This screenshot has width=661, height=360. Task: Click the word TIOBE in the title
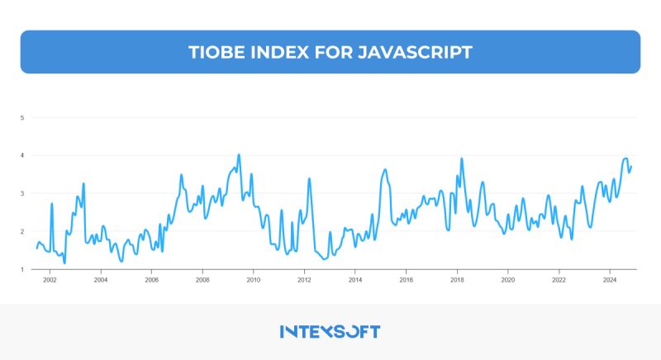click(216, 52)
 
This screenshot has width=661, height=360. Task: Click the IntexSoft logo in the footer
click(330, 331)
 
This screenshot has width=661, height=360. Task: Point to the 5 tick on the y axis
click(22, 118)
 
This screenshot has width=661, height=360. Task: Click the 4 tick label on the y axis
click(22, 156)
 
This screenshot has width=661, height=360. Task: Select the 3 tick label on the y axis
click(22, 194)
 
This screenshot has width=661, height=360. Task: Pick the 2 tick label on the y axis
click(22, 232)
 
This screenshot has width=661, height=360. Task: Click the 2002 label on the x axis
click(50, 281)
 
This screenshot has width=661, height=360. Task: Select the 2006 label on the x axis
click(151, 281)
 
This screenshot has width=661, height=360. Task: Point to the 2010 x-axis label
click(253, 281)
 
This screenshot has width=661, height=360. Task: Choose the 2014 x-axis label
click(354, 281)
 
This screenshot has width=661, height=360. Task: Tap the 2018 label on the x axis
click(456, 281)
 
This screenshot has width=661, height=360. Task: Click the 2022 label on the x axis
click(559, 281)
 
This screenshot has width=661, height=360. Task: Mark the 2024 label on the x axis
click(609, 281)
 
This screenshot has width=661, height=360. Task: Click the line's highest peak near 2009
click(239, 154)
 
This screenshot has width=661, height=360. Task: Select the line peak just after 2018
click(461, 159)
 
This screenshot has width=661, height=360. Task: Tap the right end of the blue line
click(631, 166)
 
